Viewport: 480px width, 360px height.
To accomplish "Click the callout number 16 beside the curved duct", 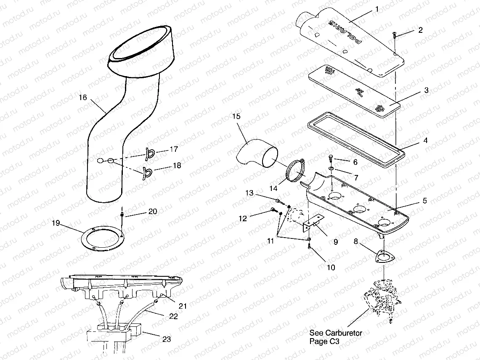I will (x=82, y=97).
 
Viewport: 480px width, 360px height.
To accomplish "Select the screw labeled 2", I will (x=395, y=35).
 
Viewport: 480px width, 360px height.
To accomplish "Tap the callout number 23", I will (x=167, y=339).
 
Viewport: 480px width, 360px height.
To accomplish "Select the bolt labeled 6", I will (x=331, y=159).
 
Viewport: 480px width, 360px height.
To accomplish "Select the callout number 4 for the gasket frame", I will (x=425, y=141).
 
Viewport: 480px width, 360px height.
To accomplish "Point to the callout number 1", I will (x=377, y=8).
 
